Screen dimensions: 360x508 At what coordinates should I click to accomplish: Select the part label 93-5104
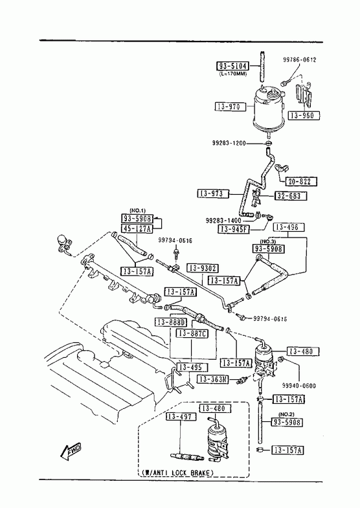point(232,67)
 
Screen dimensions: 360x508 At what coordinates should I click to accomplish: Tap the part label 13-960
point(304,115)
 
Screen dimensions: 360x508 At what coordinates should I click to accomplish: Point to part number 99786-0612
point(299,60)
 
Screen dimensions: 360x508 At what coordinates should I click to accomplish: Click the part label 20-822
point(301,181)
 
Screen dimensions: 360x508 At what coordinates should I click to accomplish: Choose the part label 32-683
point(290,195)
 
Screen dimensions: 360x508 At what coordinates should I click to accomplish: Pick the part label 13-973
point(213,193)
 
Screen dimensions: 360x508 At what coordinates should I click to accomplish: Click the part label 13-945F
point(234,229)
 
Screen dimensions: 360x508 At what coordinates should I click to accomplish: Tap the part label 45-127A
point(137,228)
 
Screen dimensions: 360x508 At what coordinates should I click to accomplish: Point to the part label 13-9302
point(203,269)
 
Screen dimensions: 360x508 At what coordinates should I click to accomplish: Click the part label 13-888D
point(171,322)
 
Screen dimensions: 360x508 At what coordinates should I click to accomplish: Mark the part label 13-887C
point(192,333)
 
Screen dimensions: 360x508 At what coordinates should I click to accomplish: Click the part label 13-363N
point(213,379)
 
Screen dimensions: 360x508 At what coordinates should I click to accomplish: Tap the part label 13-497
point(181,417)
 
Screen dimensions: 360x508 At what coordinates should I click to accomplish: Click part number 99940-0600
point(298,386)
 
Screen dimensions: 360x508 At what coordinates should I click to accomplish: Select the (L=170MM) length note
point(232,74)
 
